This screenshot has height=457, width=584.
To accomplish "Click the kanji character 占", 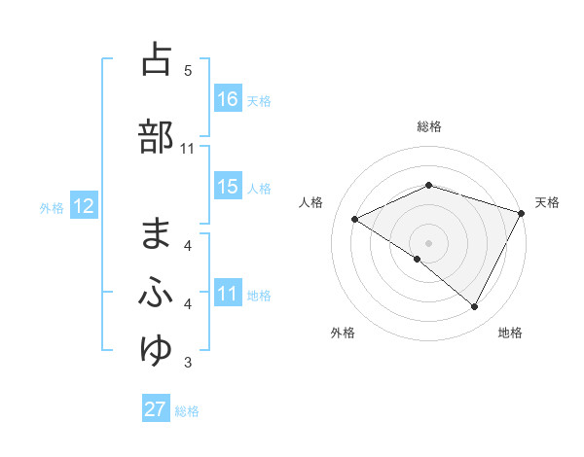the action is (x=156, y=59).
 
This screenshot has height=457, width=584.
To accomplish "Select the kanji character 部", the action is (x=156, y=137).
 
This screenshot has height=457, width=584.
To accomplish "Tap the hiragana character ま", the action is (x=156, y=233).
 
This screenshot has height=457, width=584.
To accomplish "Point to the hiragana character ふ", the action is (x=156, y=293).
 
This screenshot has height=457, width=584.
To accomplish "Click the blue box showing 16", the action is (x=228, y=99).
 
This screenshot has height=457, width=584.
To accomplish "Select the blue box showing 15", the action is (x=228, y=187).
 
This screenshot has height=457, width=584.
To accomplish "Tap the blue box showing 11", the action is (x=228, y=294).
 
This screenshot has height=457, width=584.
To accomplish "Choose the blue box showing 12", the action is (x=83, y=206).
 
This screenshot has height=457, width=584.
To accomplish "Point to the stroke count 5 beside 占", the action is (x=188, y=70).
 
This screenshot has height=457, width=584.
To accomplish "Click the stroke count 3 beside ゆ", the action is (x=188, y=363).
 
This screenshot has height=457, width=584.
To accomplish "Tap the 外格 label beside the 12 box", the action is (x=52, y=207).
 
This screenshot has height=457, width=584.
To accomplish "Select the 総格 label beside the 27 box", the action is (x=187, y=410).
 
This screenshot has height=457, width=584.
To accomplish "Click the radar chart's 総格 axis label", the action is (x=429, y=126).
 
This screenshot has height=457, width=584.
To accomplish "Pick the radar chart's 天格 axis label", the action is (x=548, y=202).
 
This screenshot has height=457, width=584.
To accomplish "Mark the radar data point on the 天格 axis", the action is (x=522, y=212).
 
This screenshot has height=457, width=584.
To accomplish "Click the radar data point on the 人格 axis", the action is (x=355, y=219).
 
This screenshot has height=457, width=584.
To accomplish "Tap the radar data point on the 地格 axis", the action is (x=475, y=307).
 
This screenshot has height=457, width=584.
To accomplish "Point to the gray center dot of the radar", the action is (x=428, y=242).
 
